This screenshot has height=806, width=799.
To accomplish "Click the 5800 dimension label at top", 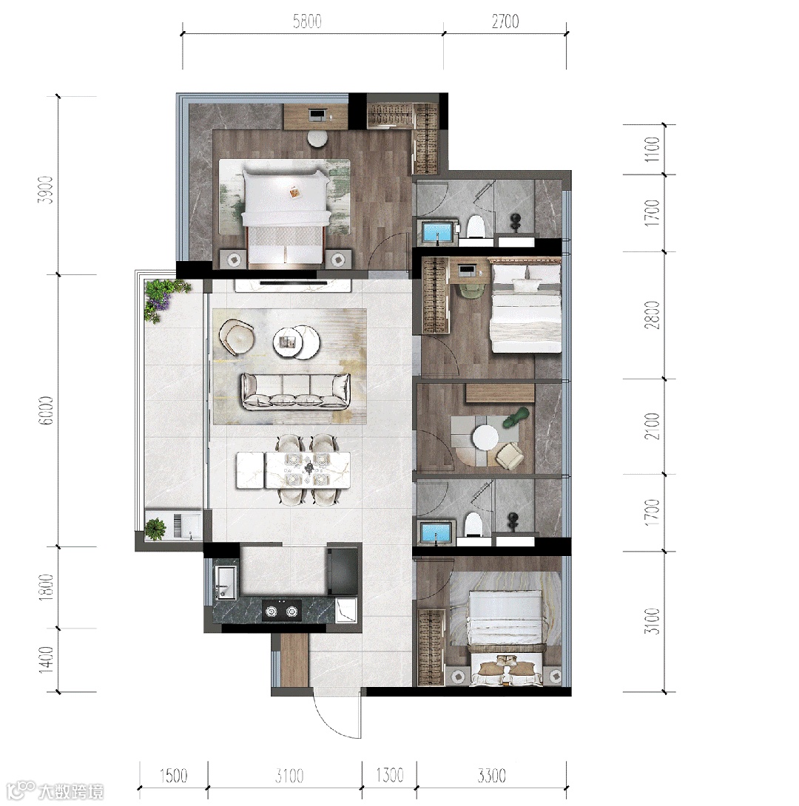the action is pos(307,21).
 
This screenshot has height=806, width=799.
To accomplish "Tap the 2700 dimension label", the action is pos(505,21).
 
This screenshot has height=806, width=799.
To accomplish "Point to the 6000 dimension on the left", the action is pos(47,410).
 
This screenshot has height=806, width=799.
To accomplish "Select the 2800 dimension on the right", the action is pos(652,314).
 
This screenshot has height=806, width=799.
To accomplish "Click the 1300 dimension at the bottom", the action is pos(389,775).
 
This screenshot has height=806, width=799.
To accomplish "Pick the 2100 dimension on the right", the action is pos(652,426).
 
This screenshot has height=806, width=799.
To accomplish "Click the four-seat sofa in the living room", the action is pos(296,392).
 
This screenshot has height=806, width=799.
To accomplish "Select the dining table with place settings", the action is pos(294,470).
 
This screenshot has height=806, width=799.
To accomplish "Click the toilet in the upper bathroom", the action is pos(476,226).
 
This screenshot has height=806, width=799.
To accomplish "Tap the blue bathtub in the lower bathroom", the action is pos(436,532).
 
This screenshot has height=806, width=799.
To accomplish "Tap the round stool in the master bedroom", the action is pos(317,138).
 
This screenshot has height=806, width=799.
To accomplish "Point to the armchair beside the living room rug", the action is pos(237,336).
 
